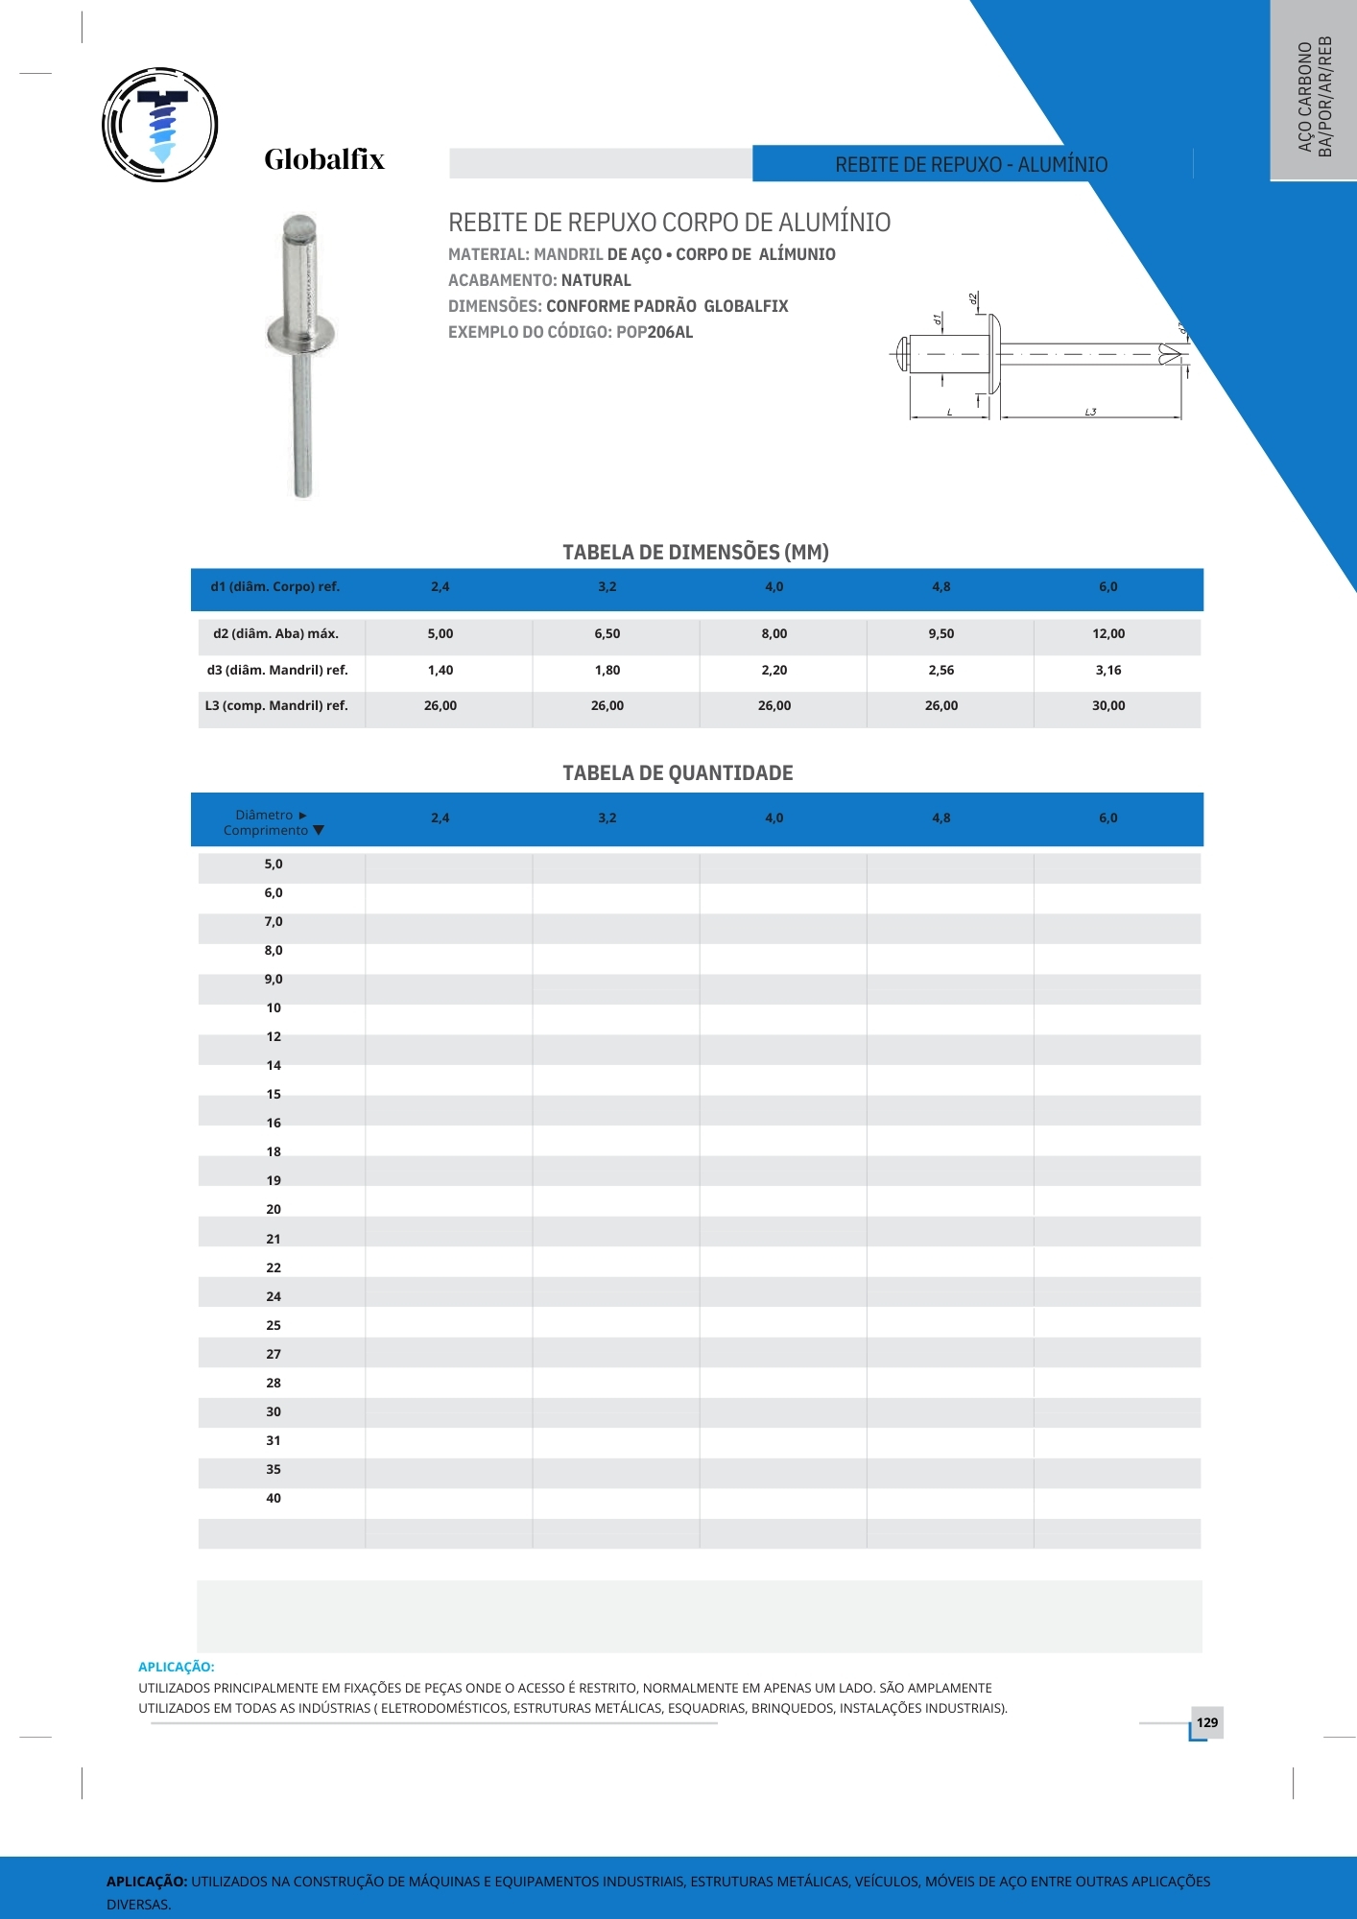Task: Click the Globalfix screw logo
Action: point(160,125)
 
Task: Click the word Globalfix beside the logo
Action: point(324,159)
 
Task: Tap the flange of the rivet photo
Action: point(301,335)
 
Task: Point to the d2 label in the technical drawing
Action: point(973,299)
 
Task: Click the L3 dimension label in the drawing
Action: point(1090,413)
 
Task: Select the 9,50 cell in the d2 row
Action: point(940,634)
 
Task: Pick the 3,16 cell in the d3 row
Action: point(1107,671)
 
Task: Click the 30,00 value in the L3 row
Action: point(1107,706)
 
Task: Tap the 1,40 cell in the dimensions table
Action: point(440,671)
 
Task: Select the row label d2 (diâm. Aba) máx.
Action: point(275,634)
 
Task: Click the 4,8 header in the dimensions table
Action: point(940,587)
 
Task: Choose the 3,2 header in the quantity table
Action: point(607,818)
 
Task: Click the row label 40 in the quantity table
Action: point(274,1499)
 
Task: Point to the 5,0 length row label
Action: point(274,865)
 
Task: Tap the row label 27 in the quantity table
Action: point(274,1355)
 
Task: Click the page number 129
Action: point(1207,1722)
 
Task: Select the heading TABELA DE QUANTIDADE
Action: point(678,773)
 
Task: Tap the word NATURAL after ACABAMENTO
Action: point(596,280)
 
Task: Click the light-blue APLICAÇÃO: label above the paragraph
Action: point(177,1667)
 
